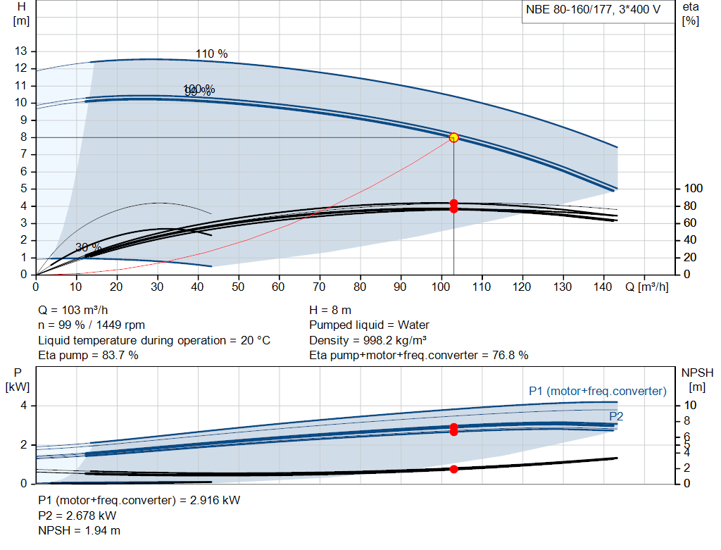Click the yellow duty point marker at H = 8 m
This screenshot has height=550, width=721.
point(453,137)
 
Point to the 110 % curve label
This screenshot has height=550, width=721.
point(211,54)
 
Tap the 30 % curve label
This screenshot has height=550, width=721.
point(88,248)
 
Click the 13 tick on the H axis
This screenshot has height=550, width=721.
point(21,51)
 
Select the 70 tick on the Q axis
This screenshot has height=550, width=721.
point(320,287)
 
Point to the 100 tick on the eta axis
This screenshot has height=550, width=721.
point(694,189)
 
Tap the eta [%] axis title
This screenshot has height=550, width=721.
point(690,13)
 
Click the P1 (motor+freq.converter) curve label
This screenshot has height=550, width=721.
point(597,392)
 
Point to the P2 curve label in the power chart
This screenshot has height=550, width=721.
point(616,416)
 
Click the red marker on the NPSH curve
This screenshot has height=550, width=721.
point(453,469)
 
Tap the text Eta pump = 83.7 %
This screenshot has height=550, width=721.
point(88,355)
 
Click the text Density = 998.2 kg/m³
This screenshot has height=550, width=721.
point(368,340)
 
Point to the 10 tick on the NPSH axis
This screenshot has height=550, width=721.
point(690,405)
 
